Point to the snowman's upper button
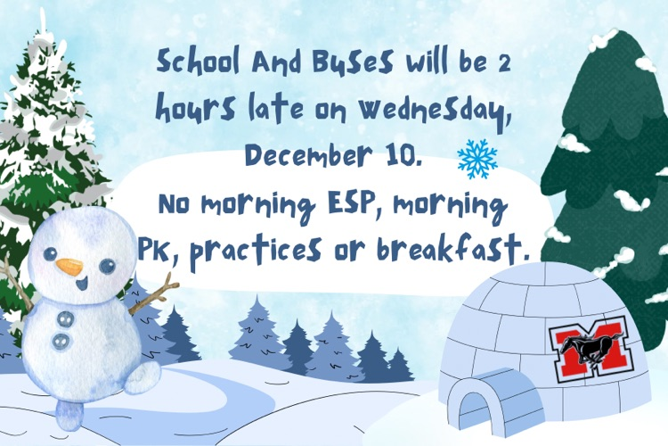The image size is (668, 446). point(65,318)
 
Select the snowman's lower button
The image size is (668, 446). point(60,340)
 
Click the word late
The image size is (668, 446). point(268,110)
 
